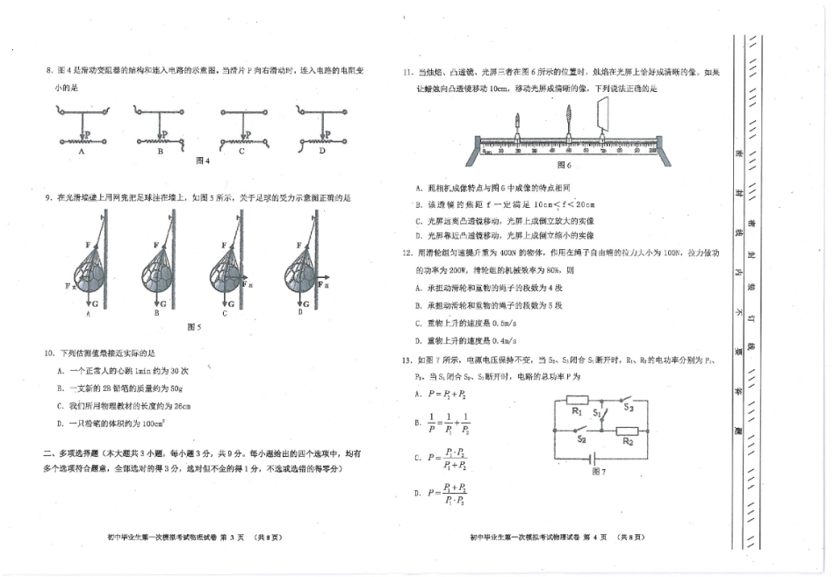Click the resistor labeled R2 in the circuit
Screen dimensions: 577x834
click(x=628, y=431)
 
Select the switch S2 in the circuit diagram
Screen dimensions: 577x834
click(x=581, y=431)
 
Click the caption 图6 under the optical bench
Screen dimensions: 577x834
click(x=564, y=164)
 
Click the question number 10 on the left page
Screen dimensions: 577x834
click(x=49, y=353)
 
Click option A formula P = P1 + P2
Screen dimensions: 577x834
click(x=443, y=395)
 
